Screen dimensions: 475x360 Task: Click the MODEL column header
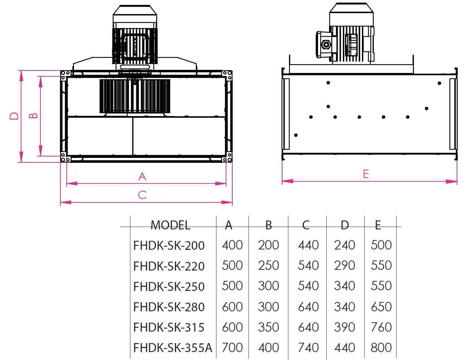coord(170,225)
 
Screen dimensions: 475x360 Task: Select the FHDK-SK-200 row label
coord(169,245)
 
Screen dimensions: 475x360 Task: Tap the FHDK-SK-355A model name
coord(173,348)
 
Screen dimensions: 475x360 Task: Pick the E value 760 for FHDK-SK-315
coord(381,327)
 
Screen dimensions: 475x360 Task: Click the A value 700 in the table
coord(232,348)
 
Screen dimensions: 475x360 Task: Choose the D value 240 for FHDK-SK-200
coord(345,245)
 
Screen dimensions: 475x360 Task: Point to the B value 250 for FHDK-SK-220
coord(268,266)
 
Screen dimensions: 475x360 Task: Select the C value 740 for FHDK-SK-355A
coord(308,348)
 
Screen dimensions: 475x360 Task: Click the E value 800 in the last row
coord(381,348)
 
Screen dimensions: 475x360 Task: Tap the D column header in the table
coord(345,225)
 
